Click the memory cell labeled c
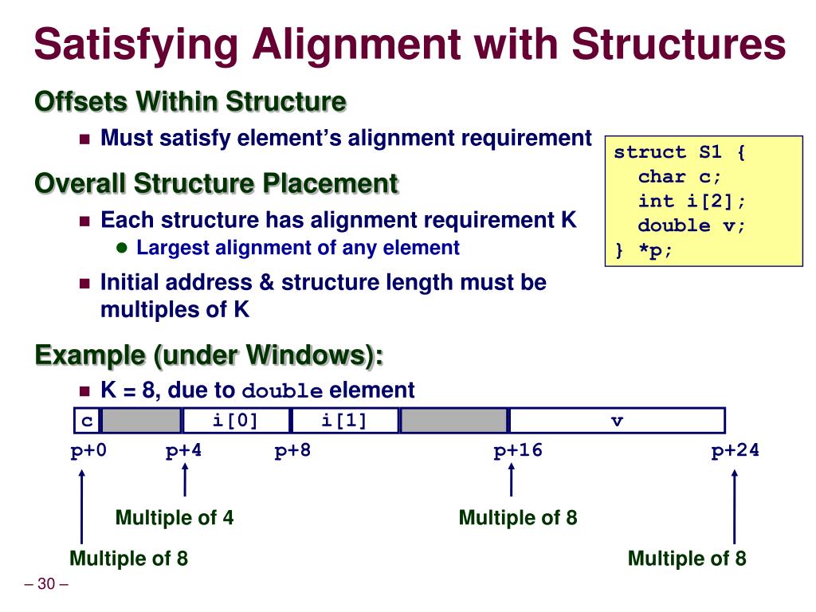pyautogui.click(x=86, y=421)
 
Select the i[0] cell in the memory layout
pyautogui.click(x=237, y=421)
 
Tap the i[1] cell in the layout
pyautogui.click(x=344, y=421)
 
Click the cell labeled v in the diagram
pyautogui.click(x=617, y=421)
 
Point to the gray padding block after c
pyautogui.click(x=141, y=421)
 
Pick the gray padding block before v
pyautogui.click(x=453, y=421)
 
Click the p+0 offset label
pyautogui.click(x=88, y=451)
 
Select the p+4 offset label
pyautogui.click(x=183, y=451)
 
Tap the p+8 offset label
pyautogui.click(x=292, y=451)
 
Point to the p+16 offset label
pyautogui.click(x=517, y=451)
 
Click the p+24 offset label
pyautogui.click(x=735, y=451)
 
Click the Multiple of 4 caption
pyautogui.click(x=175, y=518)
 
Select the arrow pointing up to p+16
pyautogui.click(x=511, y=481)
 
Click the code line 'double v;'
pyautogui.click(x=691, y=226)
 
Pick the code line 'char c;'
pyautogui.click(x=679, y=177)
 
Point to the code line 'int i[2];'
pyautogui.click(x=692, y=201)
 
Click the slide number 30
pyautogui.click(x=46, y=585)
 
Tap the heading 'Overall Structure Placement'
pyautogui.click(x=216, y=184)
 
